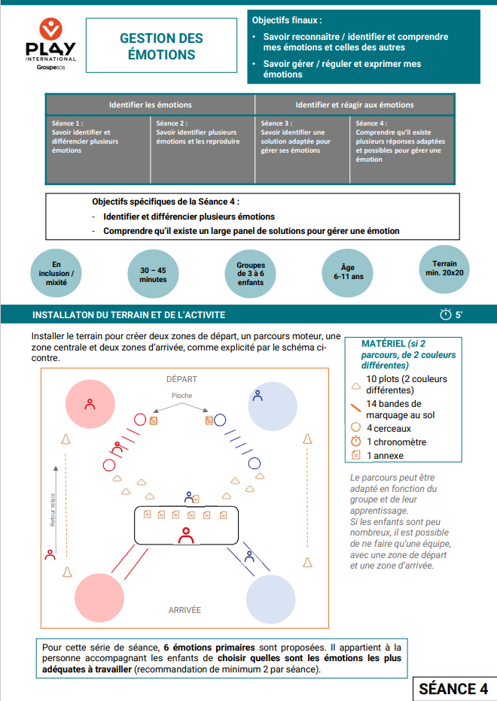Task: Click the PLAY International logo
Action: coord(50,45)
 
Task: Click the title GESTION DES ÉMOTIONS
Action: coord(161,46)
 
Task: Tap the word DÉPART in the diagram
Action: coord(181,379)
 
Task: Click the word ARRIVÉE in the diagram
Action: coord(184,610)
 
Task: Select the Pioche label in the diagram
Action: coord(181,396)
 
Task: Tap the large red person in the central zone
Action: coord(186,535)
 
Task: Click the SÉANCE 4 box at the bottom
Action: coord(453,689)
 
